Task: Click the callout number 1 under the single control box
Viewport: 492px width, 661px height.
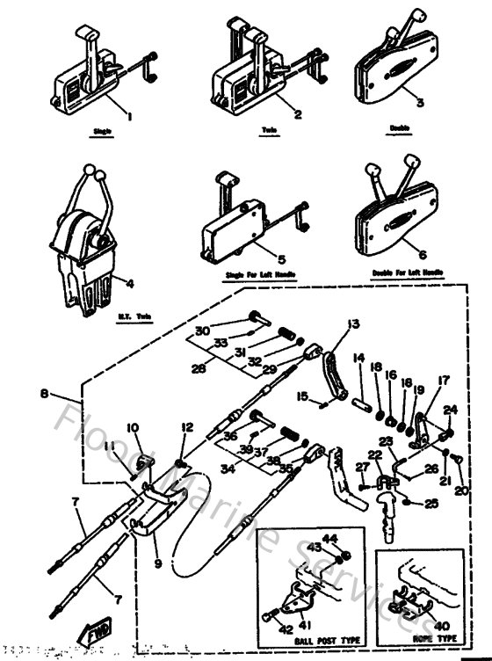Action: point(130,115)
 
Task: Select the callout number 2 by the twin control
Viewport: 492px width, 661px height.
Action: point(298,114)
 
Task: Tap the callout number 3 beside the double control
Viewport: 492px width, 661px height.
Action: point(420,102)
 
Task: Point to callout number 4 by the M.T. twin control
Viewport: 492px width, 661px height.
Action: point(129,283)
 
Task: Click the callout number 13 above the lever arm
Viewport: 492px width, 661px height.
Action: point(351,324)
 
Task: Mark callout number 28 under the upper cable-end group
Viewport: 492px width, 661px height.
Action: point(200,369)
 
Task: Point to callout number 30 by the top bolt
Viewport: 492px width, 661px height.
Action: point(202,330)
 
